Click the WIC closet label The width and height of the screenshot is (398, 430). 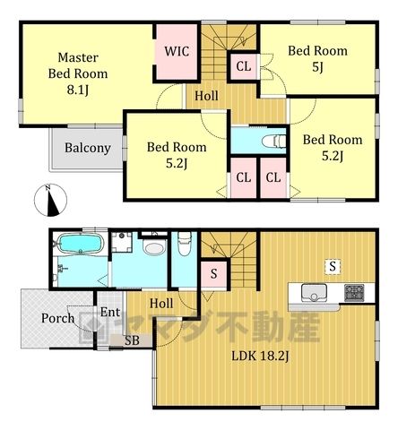[177, 51]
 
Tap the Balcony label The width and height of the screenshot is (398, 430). [88, 148]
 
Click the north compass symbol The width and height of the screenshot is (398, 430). [50, 200]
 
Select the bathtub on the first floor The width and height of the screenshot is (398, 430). [80, 244]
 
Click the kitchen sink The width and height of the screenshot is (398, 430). [314, 293]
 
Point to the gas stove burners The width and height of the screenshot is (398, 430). [354, 293]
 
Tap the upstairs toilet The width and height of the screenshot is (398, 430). [273, 141]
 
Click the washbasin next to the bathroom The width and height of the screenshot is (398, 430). [154, 247]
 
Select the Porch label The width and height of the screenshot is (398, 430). [58, 318]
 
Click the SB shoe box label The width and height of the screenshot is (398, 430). [132, 340]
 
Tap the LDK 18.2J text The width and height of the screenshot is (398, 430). [261, 357]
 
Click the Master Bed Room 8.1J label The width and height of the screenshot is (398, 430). [78, 73]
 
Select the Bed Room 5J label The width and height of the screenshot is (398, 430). [317, 59]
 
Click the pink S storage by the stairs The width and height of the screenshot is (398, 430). [213, 274]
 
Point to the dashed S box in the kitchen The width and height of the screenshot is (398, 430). [333, 266]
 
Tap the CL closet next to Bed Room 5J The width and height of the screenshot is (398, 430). [244, 66]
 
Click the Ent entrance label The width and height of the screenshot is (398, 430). [110, 313]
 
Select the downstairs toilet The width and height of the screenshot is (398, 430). [185, 244]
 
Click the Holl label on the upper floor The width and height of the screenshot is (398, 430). [206, 96]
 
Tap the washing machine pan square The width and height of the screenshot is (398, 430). [122, 242]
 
